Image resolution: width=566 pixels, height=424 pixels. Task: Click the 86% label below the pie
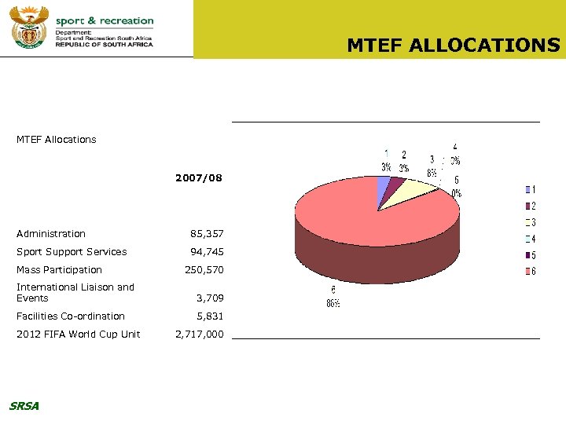(x=333, y=304)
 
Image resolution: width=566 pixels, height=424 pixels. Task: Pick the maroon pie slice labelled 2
(x=396, y=185)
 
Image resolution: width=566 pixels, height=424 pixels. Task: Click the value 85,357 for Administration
(x=207, y=234)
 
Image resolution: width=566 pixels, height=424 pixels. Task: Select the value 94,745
(x=207, y=252)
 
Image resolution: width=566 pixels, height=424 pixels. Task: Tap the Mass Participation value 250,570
(x=204, y=270)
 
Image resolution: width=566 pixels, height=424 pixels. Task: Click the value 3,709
(x=210, y=298)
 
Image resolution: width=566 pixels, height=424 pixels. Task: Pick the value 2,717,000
(x=199, y=334)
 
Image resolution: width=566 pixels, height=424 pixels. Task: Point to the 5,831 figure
(x=210, y=316)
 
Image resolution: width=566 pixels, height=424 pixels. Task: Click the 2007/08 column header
(x=199, y=178)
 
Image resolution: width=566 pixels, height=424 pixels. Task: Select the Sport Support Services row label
(x=72, y=252)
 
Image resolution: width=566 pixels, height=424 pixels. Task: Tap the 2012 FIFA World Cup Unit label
(x=79, y=334)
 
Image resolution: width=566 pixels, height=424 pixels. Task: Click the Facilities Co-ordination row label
(x=71, y=316)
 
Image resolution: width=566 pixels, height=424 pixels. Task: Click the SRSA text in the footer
(x=24, y=406)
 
